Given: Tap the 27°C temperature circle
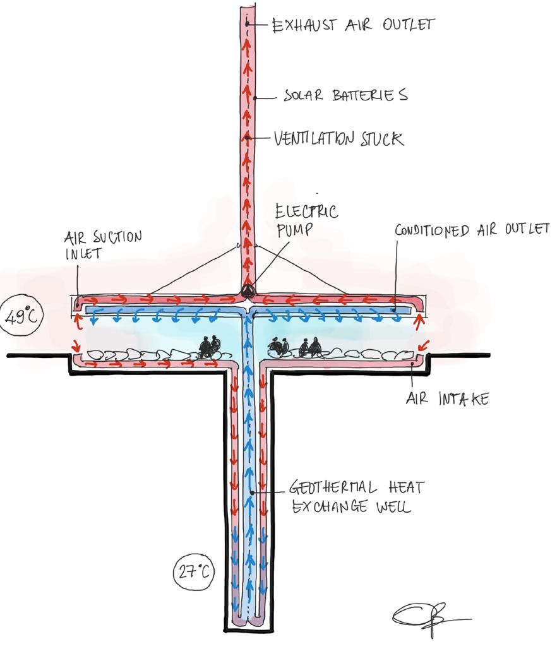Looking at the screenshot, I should tap(193, 573).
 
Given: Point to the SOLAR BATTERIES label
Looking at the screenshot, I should tap(345, 96).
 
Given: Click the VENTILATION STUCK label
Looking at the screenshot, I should tap(338, 138).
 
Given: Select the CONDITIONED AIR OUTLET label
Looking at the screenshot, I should tap(472, 229).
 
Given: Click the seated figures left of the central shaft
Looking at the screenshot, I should tap(208, 346).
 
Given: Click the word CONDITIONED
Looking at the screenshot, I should tap(432, 229).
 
